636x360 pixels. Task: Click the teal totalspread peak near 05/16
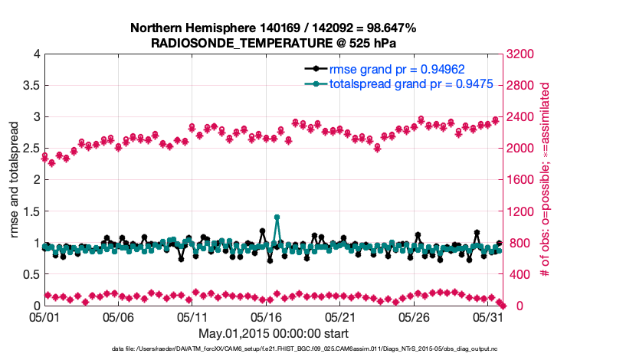click(x=277, y=218)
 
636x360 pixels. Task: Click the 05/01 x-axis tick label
click(x=44, y=316)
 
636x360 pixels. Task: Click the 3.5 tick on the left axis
click(x=30, y=86)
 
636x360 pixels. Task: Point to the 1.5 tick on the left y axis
click(x=30, y=211)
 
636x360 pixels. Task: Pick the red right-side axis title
click(x=546, y=180)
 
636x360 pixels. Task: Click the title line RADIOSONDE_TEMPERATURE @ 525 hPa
click(x=272, y=42)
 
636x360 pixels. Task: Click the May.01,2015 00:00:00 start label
click(x=273, y=333)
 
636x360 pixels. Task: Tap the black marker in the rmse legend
click(x=315, y=68)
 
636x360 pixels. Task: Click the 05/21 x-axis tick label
click(x=342, y=316)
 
